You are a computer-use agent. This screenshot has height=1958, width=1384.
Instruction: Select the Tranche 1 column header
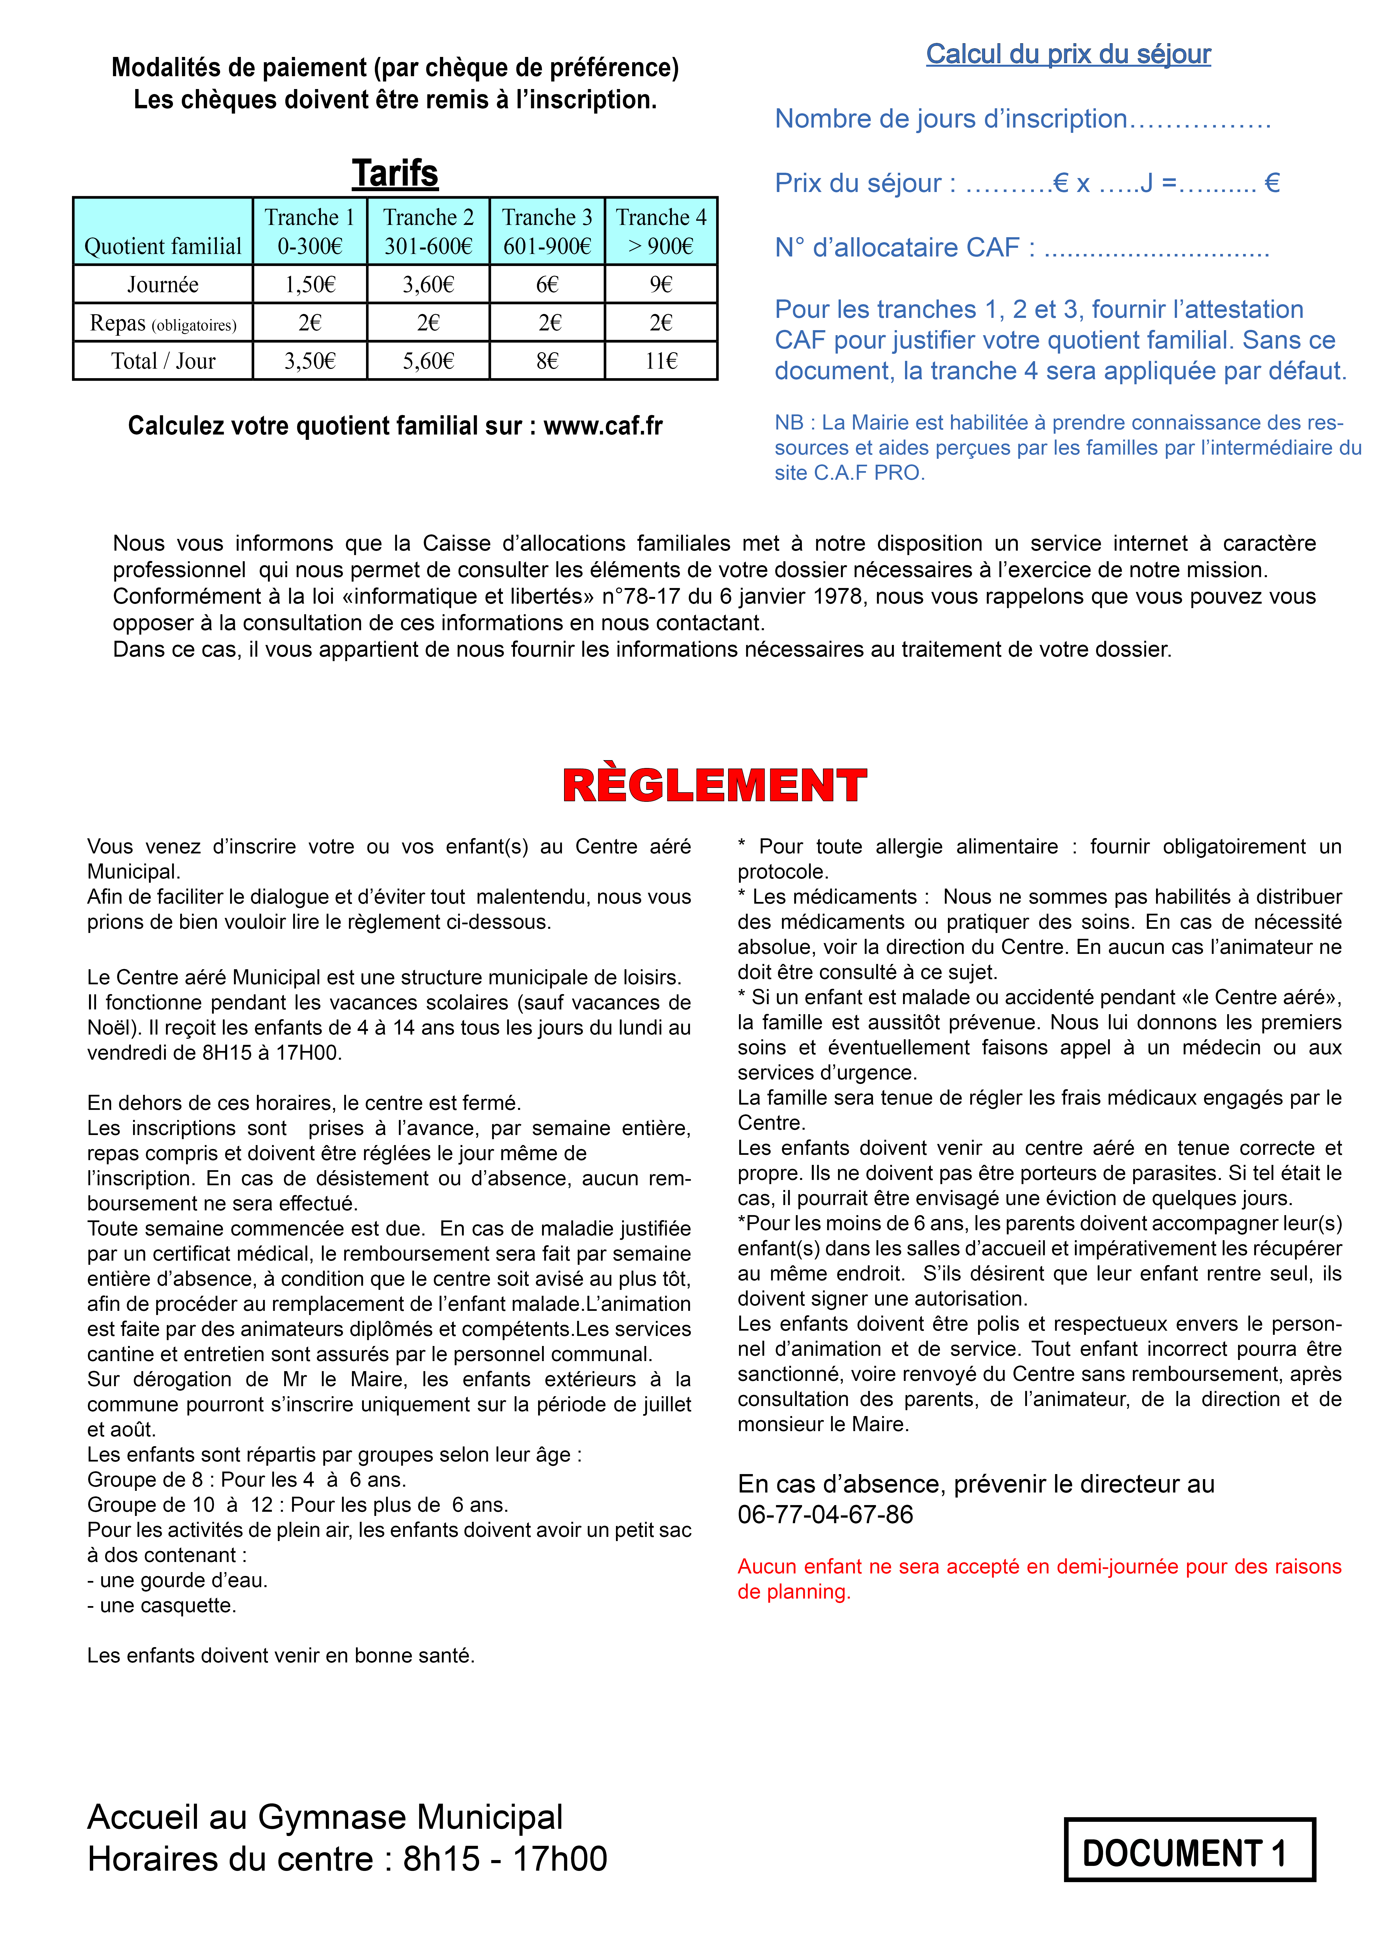click(x=310, y=231)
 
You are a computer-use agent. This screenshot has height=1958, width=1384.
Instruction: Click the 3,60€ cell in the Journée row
click(x=428, y=284)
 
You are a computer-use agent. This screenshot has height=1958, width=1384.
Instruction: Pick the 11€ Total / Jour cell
click(x=661, y=361)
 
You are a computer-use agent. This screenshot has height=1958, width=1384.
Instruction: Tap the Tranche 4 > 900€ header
click(x=661, y=231)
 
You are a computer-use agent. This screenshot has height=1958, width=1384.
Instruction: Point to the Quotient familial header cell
click(x=163, y=246)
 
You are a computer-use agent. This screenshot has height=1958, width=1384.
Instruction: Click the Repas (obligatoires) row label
click(x=163, y=323)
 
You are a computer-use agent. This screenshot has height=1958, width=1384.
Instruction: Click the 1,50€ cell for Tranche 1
click(x=310, y=284)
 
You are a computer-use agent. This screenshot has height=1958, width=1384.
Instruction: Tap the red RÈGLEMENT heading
click(x=715, y=785)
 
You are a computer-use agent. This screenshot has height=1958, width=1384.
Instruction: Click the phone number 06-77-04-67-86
click(x=825, y=1515)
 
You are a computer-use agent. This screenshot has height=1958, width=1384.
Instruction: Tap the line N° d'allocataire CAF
click(x=1022, y=247)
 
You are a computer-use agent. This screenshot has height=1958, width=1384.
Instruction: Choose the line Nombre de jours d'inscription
click(x=1022, y=119)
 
